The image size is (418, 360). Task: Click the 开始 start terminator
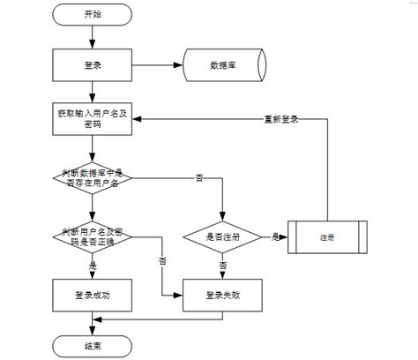[x=92, y=15]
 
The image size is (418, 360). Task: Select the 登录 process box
[x=92, y=64]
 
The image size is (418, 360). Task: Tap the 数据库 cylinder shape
[x=220, y=64]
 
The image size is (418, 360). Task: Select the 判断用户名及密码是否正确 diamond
[x=92, y=236]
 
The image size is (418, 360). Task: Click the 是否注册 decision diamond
[x=222, y=236]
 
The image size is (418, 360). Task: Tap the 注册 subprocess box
[x=328, y=236]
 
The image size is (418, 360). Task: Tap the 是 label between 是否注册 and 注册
[x=275, y=236]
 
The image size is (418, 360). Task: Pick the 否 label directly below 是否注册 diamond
[x=222, y=265]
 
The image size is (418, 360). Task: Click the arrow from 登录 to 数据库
[x=156, y=64]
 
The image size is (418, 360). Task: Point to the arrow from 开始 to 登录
[x=92, y=37]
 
